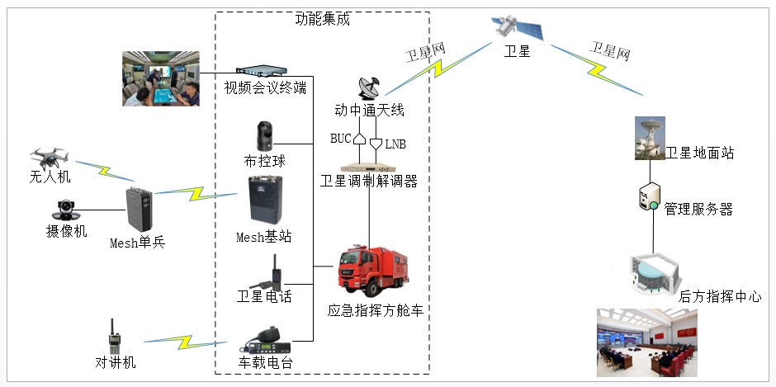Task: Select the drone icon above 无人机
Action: click(47, 157)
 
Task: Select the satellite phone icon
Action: click(269, 271)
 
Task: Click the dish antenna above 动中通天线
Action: click(368, 87)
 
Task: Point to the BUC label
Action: click(341, 138)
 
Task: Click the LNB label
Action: click(395, 144)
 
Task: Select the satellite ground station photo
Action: click(650, 138)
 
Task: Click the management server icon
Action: click(649, 198)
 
